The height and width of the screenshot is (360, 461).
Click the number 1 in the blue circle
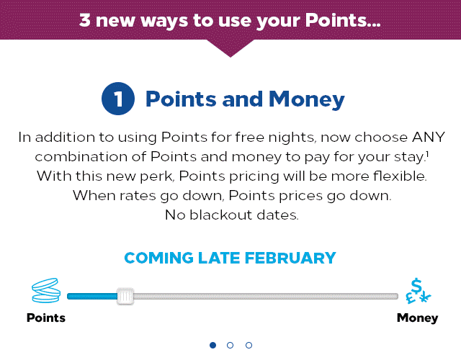tap(118, 99)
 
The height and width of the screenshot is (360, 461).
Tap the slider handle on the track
tap(125, 296)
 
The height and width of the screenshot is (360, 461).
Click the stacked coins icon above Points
tap(46, 290)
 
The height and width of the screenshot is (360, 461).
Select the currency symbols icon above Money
tap(418, 291)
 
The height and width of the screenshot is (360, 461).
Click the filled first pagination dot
tap(213, 345)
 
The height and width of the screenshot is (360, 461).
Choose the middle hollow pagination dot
tap(230, 345)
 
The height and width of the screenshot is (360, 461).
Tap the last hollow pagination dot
tap(249, 345)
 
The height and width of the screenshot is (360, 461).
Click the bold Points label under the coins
tap(46, 318)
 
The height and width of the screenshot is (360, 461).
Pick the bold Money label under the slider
tap(417, 318)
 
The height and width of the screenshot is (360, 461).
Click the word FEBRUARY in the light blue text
tap(290, 258)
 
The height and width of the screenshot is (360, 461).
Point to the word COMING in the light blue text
tap(158, 258)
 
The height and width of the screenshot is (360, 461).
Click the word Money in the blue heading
tap(307, 99)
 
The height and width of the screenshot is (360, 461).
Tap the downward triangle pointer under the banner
tap(230, 48)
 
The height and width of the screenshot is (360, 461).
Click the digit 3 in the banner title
tap(85, 21)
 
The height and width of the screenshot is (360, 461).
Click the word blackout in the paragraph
tap(221, 215)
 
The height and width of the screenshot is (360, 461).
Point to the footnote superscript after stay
tap(427, 153)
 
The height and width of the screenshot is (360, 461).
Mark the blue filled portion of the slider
tap(92, 296)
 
